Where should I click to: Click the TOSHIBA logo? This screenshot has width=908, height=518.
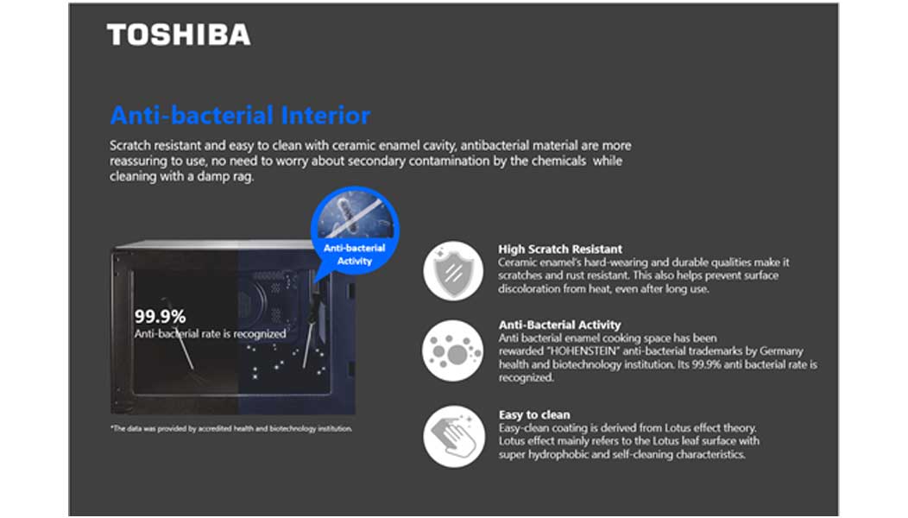(179, 35)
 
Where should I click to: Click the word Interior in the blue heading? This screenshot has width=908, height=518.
(325, 116)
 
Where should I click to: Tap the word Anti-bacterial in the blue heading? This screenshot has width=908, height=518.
(192, 116)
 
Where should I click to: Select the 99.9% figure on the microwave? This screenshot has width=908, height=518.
(160, 316)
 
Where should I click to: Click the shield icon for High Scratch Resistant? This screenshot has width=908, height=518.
(453, 270)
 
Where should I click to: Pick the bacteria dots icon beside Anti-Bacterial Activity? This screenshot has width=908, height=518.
(453, 351)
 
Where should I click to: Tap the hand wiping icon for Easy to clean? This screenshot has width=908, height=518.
(453, 436)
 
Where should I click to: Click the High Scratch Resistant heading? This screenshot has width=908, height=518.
(560, 250)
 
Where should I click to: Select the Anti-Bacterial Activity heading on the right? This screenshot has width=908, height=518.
(559, 325)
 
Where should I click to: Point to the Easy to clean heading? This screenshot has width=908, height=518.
(534, 415)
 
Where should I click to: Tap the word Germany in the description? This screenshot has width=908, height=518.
(781, 351)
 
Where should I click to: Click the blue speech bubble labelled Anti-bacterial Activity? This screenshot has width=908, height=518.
(355, 235)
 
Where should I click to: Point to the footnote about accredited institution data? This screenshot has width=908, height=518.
(231, 429)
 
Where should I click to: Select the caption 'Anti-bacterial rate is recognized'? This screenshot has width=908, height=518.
(211, 334)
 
